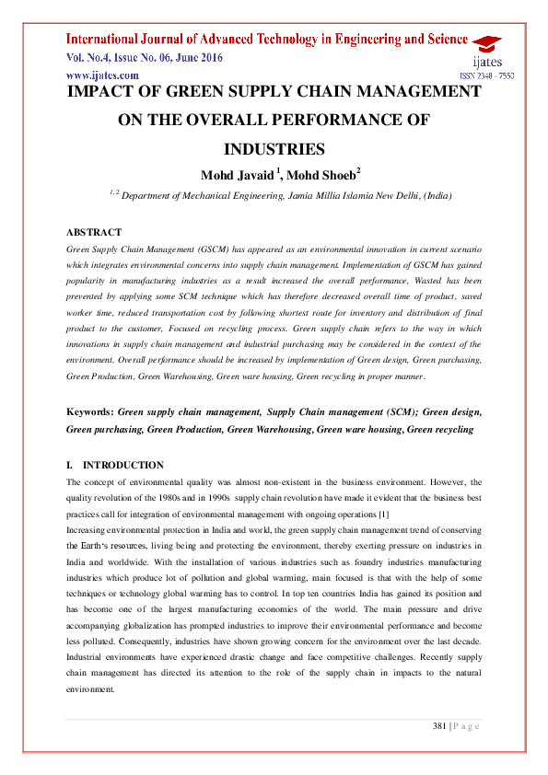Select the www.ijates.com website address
point(102,75)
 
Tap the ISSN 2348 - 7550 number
point(486,75)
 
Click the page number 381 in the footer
point(439,726)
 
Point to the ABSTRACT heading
point(94,232)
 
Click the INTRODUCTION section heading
point(123,465)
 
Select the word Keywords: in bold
point(90,413)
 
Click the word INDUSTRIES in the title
point(274,148)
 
